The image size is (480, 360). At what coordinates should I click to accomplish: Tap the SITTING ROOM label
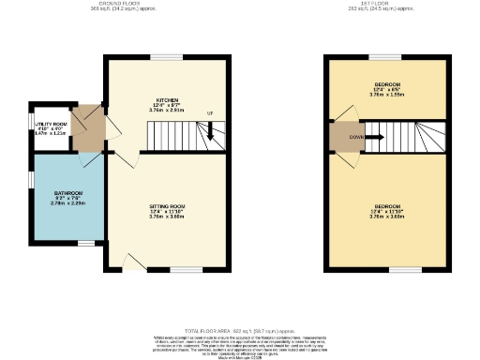click(166, 210)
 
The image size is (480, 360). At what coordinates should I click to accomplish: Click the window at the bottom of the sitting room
click(171, 271)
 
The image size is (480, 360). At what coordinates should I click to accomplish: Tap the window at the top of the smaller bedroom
click(388, 56)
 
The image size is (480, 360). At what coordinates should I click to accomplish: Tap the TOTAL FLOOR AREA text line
click(239, 331)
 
